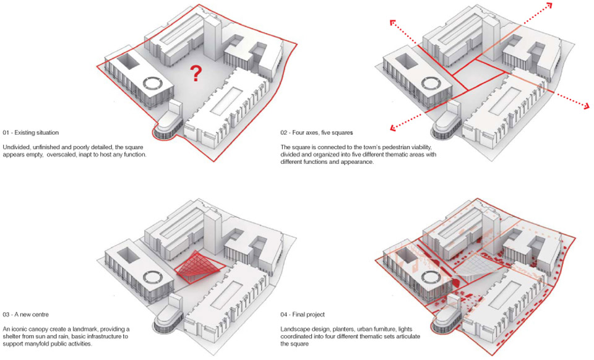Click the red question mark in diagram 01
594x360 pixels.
coord(196,74)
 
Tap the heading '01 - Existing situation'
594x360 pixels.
coord(31,133)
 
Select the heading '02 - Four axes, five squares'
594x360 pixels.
coord(317,133)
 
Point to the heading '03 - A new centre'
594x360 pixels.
coord(26,315)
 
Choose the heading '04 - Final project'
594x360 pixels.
coord(303,315)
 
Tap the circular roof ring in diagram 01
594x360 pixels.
coord(153,84)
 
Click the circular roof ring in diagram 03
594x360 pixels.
coord(153,278)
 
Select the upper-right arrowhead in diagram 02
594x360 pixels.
coord(549,6)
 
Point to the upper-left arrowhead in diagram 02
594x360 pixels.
coord(394,24)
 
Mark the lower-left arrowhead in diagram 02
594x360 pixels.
coord(394,127)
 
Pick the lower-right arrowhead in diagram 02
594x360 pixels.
coord(586,106)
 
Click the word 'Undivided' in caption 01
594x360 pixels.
coord(15,147)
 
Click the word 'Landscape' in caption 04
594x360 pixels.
coord(294,329)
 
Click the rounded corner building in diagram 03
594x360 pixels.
coord(166,320)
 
